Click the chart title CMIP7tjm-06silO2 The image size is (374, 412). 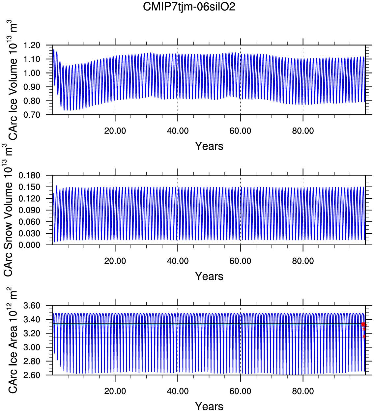coord(189,7)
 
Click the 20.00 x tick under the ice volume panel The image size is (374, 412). coord(115,131)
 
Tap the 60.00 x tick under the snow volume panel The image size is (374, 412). coord(240,261)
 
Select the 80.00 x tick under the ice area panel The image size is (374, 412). coord(303,391)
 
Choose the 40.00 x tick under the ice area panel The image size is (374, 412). coord(178,391)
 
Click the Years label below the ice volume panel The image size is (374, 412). coord(209,146)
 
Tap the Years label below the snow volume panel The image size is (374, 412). coord(209,276)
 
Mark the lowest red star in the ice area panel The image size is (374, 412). coord(364,337)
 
